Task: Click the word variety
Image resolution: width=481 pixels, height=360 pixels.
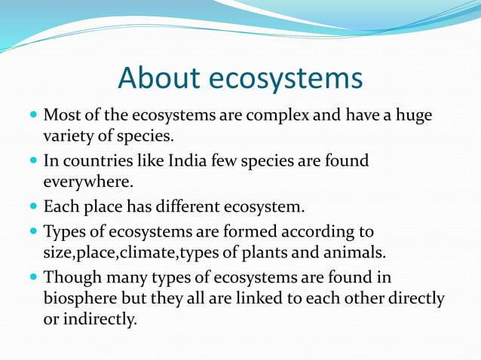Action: [x=71, y=136]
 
